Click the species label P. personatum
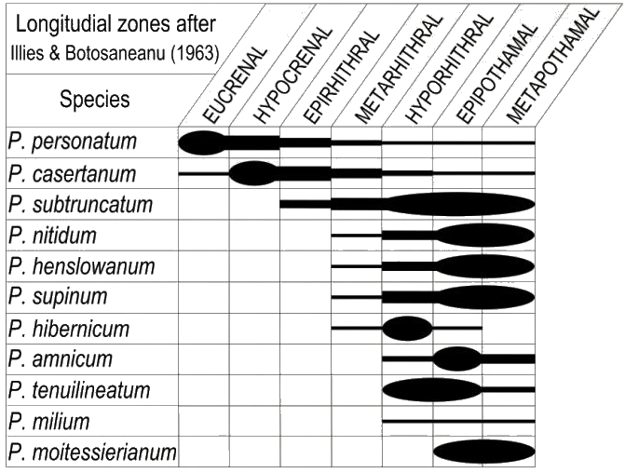click(x=72, y=142)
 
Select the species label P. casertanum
click(x=72, y=173)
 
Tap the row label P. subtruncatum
click(x=80, y=204)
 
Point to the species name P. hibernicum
click(x=70, y=328)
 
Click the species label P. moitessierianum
click(x=91, y=453)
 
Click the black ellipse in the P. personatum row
click(x=201, y=142)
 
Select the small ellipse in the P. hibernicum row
click(x=407, y=328)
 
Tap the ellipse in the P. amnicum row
click(x=457, y=358)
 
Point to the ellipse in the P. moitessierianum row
click(x=483, y=453)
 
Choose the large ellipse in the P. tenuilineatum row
click(x=432, y=389)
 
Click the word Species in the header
click(x=95, y=100)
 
